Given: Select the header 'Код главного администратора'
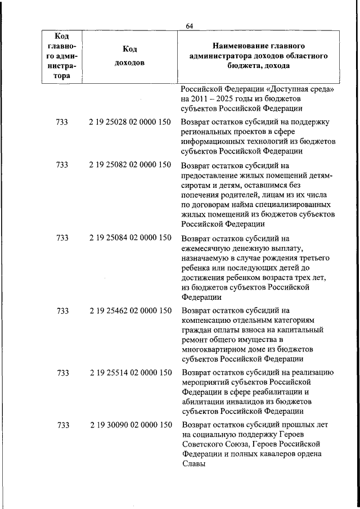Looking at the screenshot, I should tap(62, 56).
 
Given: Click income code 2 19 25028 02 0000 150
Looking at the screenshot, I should tap(130, 122).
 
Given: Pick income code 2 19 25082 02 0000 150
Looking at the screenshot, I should tap(130, 165).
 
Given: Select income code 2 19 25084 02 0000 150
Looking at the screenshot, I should tap(130, 237).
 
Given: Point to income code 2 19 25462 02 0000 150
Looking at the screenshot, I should tap(130, 310).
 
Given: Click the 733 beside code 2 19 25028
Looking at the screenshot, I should tap(62, 122).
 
